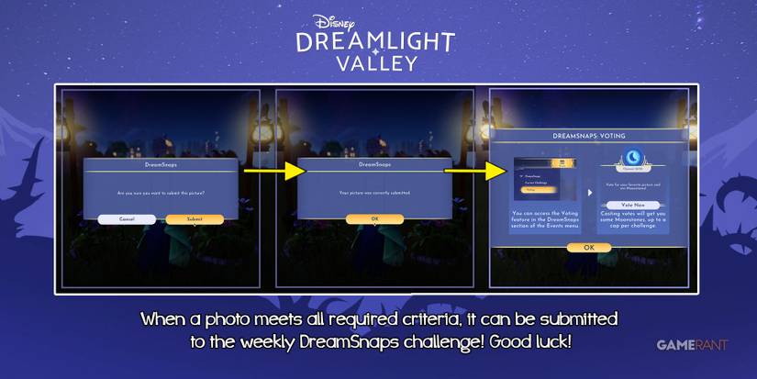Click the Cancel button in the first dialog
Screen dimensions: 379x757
click(127, 219)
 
